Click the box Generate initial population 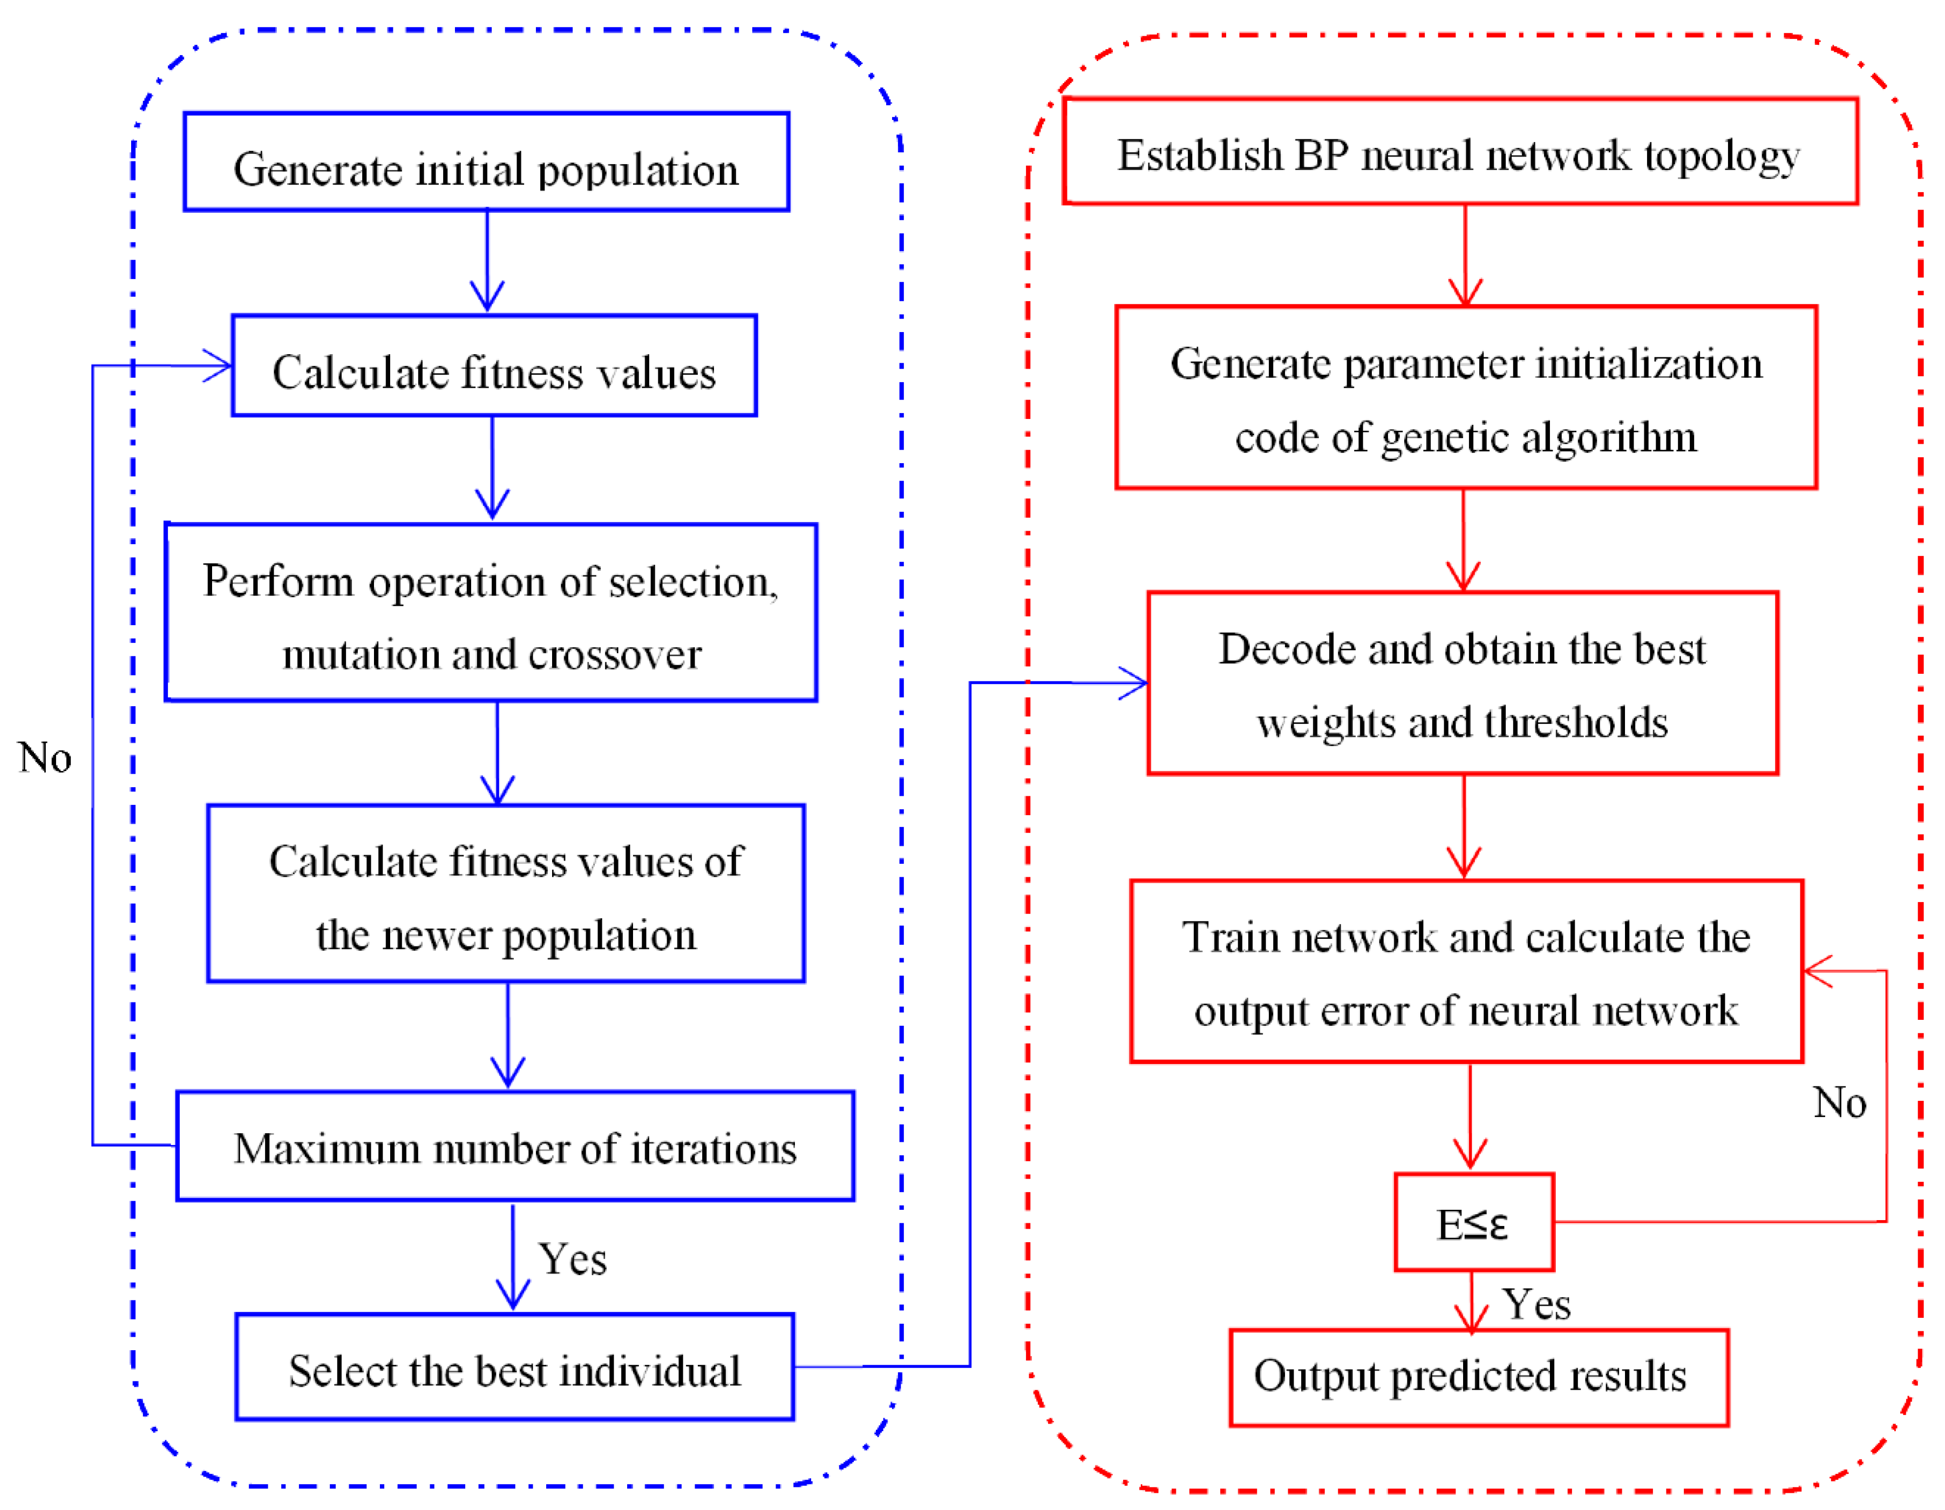[486, 162]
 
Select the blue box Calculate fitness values [494, 366]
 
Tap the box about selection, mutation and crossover [491, 613]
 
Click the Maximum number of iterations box [515, 1147]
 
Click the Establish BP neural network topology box [1460, 152]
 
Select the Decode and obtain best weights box [1463, 684]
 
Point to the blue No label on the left [45, 758]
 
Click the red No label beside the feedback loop [1839, 1103]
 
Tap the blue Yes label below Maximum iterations [573, 1260]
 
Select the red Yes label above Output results [1536, 1305]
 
